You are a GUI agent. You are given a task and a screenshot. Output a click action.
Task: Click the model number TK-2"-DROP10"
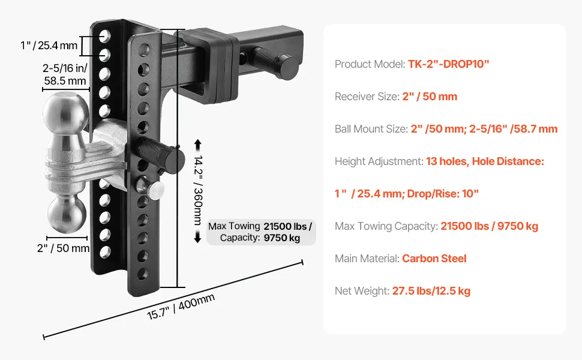pyautogui.click(x=448, y=64)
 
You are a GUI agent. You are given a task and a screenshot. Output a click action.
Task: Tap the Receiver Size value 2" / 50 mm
pyautogui.click(x=430, y=97)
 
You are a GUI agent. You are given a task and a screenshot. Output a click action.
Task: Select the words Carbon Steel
pyautogui.click(x=434, y=259)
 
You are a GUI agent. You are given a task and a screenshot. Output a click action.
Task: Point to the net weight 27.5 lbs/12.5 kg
pyautogui.click(x=431, y=291)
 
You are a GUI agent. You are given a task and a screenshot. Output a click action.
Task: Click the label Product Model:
pyautogui.click(x=370, y=64)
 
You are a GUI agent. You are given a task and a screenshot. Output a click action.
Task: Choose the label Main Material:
pyautogui.click(x=367, y=259)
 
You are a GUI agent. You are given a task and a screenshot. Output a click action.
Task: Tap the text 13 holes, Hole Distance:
pyautogui.click(x=485, y=161)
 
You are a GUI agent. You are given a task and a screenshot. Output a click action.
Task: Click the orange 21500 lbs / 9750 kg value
pyautogui.click(x=489, y=226)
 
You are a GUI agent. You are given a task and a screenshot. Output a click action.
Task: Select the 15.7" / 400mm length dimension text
pyautogui.click(x=181, y=307)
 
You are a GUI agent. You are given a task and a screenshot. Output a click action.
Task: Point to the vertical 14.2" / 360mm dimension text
pyautogui.click(x=199, y=190)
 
